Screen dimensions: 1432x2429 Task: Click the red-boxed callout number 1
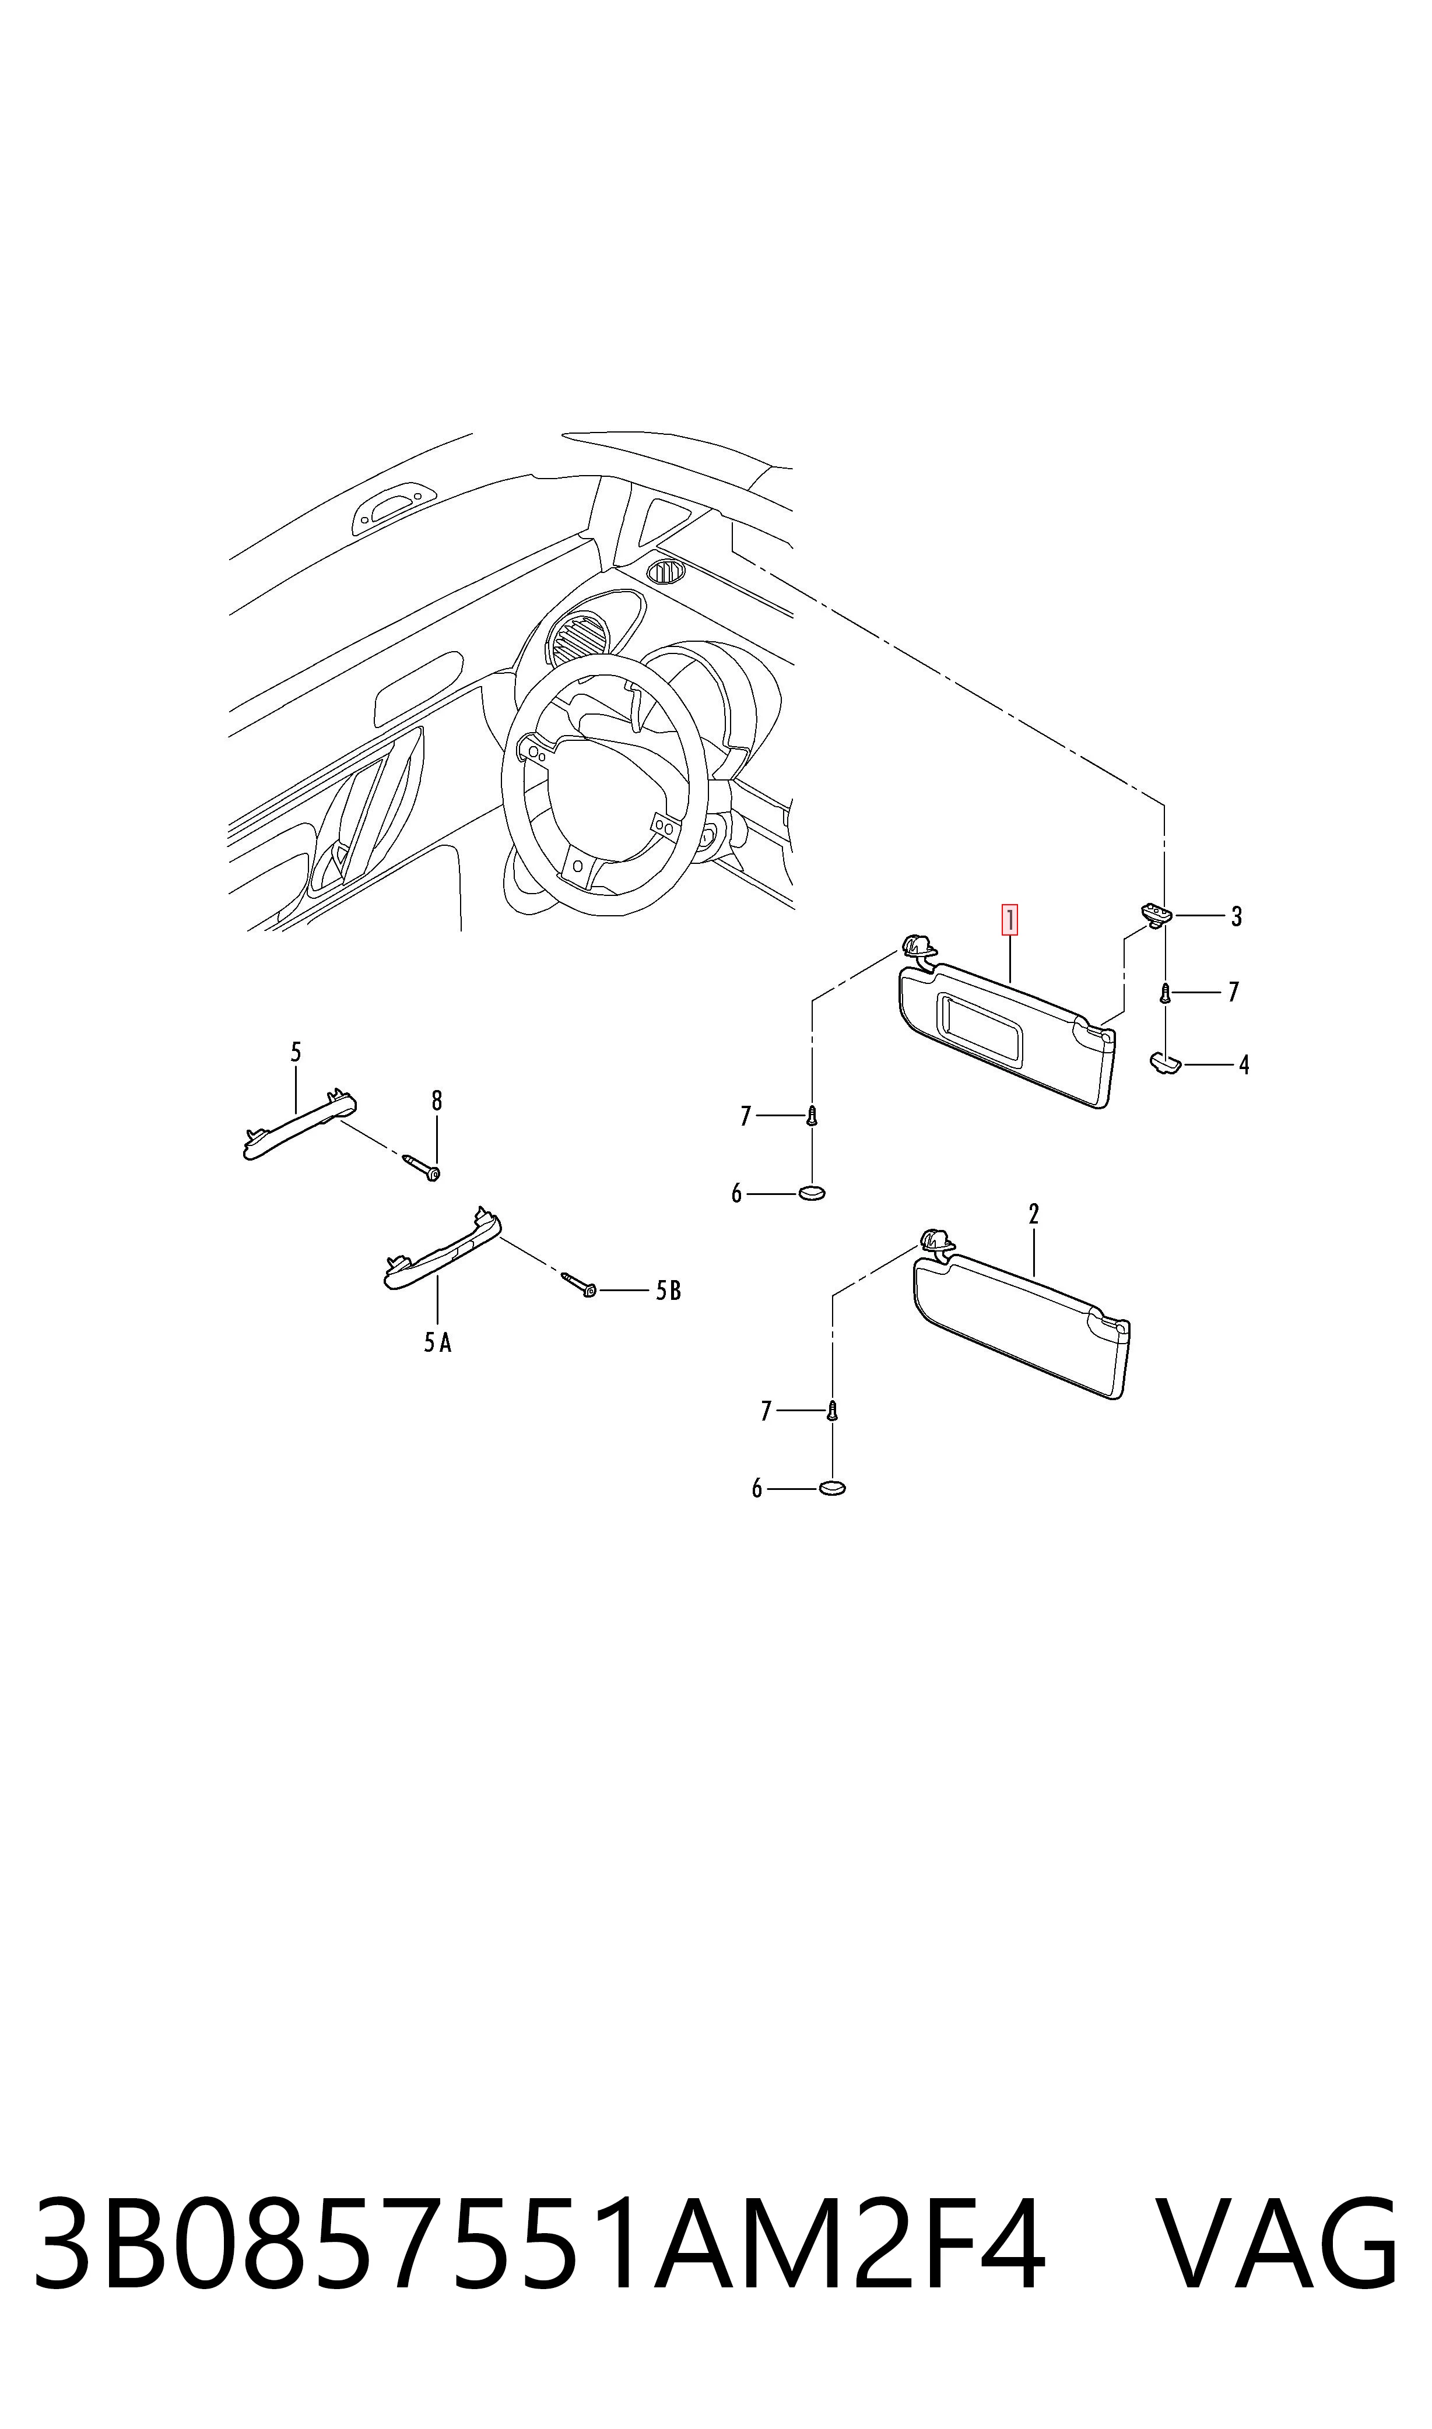tap(1009, 919)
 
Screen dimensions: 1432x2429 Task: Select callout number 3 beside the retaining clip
tap(1236, 916)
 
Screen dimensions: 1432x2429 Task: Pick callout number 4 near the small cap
tap(1244, 1065)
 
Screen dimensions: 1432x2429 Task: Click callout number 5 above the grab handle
tap(296, 1052)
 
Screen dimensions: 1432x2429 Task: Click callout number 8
tap(437, 1100)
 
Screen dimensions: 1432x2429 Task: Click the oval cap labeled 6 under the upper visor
tap(812, 1194)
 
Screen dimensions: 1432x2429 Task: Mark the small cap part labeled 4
tap(1165, 1063)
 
